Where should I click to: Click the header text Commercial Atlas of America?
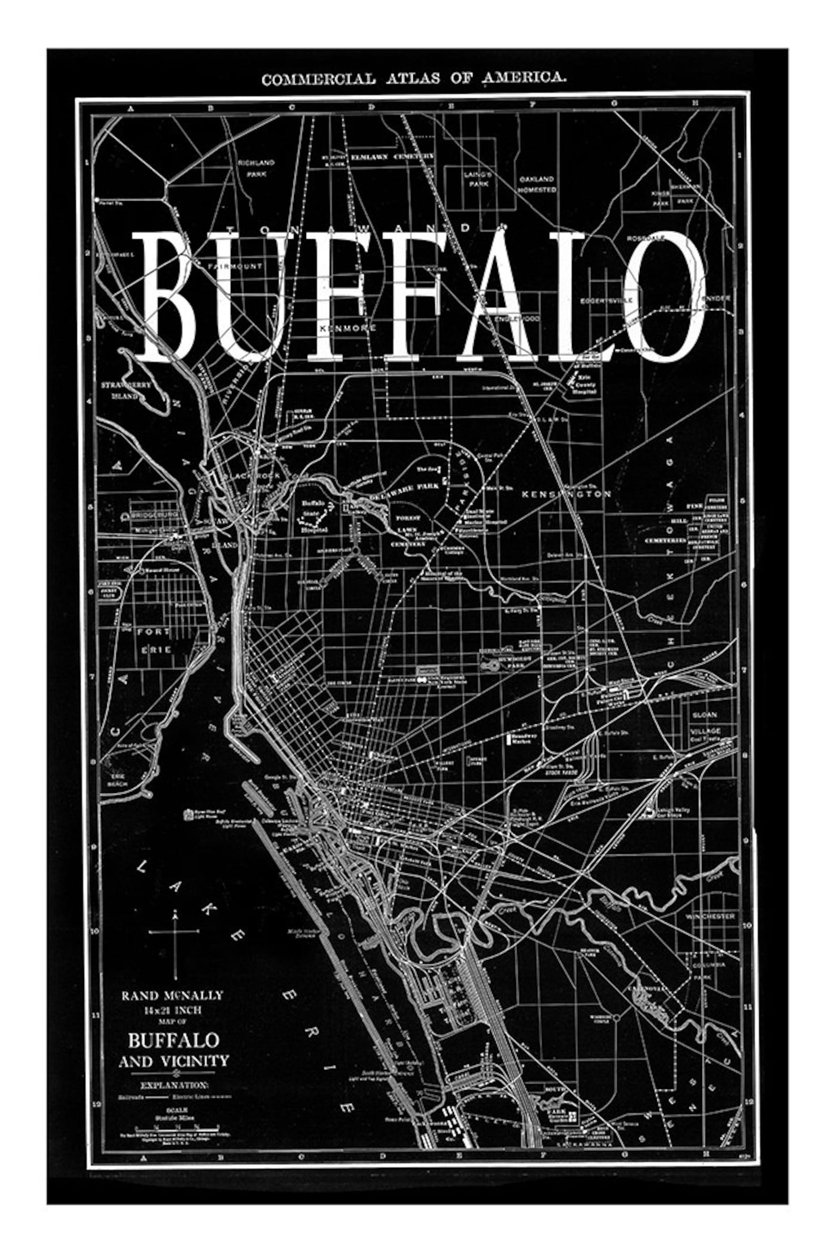tap(414, 79)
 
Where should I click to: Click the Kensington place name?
tap(566, 494)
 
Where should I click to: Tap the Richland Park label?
tap(256, 168)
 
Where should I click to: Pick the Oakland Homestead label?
tap(537, 184)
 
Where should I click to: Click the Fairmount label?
tap(235, 265)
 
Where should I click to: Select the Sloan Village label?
tap(705, 722)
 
